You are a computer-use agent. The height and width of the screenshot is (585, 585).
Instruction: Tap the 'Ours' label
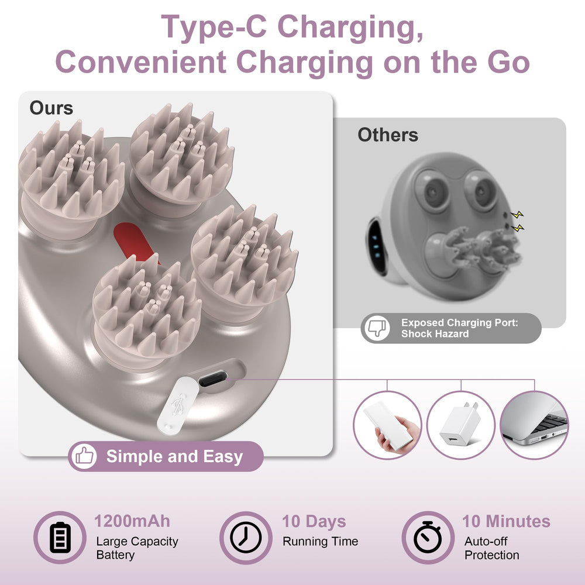click(51, 108)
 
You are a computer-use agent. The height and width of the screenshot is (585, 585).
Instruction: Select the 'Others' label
click(388, 135)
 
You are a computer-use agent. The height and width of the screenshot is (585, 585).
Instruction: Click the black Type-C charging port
click(213, 378)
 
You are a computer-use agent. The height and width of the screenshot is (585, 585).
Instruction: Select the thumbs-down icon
click(377, 328)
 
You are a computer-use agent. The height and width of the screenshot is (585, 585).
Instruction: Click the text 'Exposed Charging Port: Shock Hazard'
click(459, 328)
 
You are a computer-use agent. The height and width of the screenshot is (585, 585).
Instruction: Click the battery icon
click(60, 537)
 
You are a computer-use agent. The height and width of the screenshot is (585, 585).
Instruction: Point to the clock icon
click(246, 537)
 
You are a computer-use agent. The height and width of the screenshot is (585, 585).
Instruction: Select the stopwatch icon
click(428, 537)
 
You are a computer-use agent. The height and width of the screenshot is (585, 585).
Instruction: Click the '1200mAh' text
click(132, 521)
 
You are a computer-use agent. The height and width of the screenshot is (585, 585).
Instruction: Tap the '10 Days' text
click(314, 522)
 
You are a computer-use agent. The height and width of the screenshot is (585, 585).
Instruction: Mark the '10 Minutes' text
click(506, 521)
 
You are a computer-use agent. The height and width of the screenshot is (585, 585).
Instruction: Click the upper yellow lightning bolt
click(517, 215)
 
